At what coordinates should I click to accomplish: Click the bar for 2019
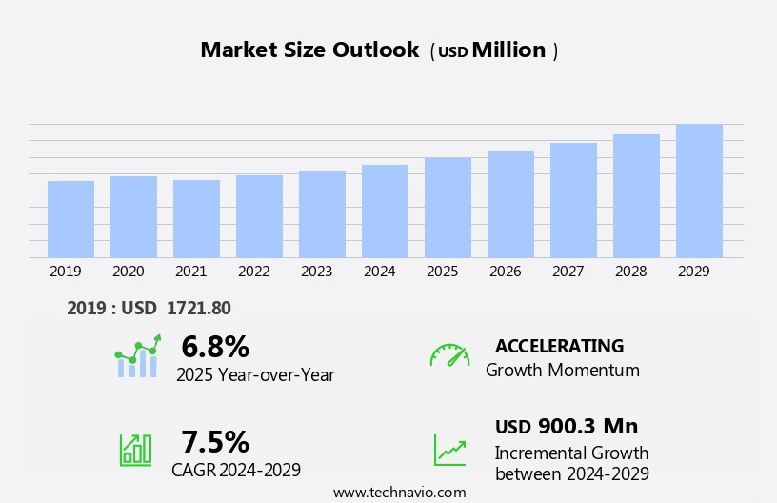click(x=70, y=219)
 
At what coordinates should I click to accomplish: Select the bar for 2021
click(x=196, y=219)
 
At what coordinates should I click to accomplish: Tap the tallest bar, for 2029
click(x=699, y=191)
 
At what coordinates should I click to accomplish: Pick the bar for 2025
click(x=448, y=208)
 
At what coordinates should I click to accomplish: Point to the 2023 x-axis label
click(x=316, y=272)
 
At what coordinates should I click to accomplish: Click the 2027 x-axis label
click(x=568, y=272)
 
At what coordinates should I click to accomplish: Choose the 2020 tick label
click(x=128, y=272)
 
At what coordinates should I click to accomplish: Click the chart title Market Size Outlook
click(x=309, y=50)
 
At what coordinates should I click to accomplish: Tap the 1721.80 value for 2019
click(x=198, y=308)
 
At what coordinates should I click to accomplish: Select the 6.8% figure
click(x=215, y=347)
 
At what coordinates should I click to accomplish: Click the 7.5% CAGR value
click(x=215, y=442)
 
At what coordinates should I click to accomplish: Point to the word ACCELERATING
click(x=559, y=347)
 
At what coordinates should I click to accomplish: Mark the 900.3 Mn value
click(x=588, y=427)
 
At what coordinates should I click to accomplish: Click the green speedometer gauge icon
click(x=449, y=355)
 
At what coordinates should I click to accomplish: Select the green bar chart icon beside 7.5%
click(x=135, y=449)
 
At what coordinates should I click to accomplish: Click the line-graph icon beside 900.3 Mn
click(x=449, y=450)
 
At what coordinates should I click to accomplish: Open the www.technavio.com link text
click(x=399, y=493)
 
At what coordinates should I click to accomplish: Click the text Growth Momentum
click(x=562, y=371)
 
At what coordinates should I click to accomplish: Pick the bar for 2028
click(x=636, y=195)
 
